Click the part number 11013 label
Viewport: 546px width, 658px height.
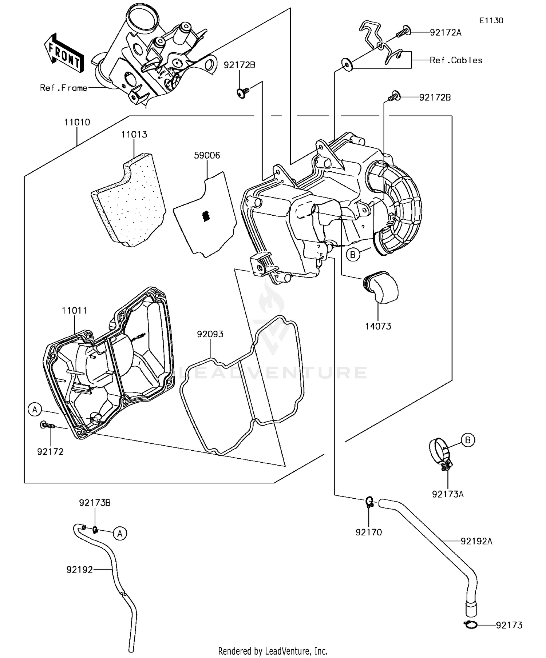coord(134,135)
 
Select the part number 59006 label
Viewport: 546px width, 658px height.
coord(207,155)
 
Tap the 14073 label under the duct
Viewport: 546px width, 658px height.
coord(378,326)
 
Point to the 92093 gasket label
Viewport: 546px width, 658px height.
coord(210,334)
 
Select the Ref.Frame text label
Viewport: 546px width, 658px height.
coord(64,88)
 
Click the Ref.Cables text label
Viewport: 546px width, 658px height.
coord(456,60)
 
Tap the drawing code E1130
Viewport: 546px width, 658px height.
coord(491,21)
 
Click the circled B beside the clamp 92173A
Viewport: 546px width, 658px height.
coord(468,440)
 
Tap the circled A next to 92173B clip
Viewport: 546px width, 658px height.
coord(120,534)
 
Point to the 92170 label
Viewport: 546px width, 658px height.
coord(369,533)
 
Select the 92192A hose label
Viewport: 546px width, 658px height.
coord(476,541)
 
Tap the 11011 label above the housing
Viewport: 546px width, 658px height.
coord(74,311)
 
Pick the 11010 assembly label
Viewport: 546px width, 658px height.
coord(77,122)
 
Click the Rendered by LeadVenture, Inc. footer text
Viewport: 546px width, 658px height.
coord(273,651)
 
